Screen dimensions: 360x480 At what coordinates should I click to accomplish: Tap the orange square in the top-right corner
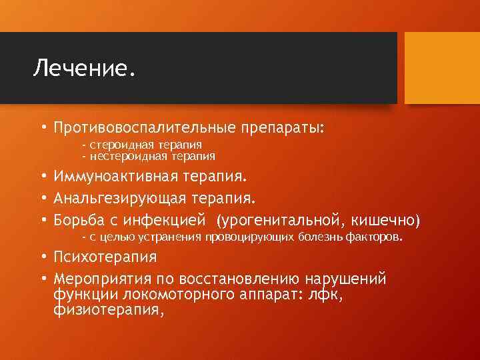tap(443, 69)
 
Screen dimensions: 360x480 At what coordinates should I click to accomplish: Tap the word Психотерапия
tap(106, 257)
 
